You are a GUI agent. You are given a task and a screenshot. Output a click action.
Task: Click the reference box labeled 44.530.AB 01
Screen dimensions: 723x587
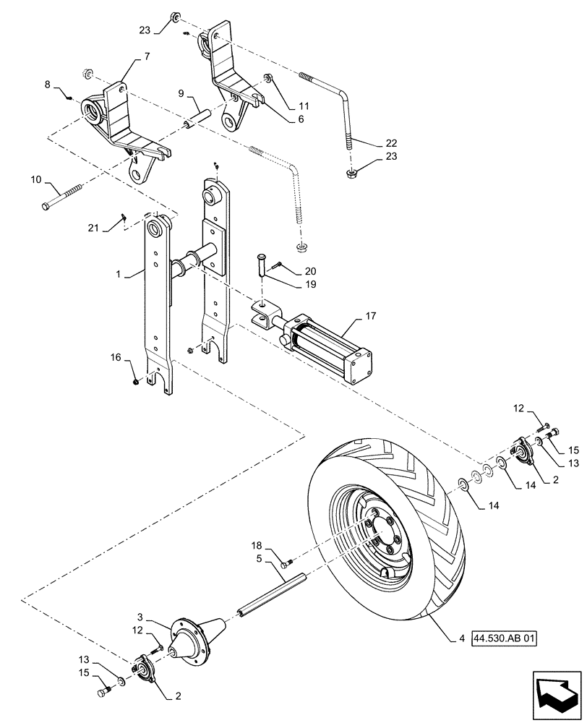pos(503,639)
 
